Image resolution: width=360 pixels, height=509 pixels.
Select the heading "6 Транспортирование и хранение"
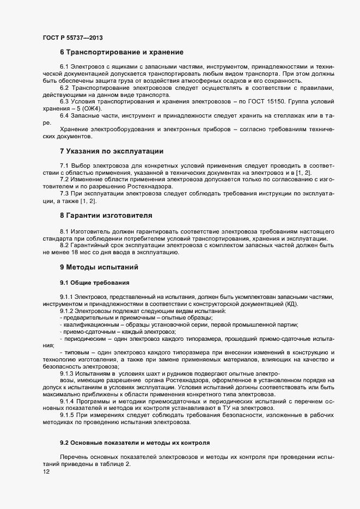121,52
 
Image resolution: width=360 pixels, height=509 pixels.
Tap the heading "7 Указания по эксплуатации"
112,150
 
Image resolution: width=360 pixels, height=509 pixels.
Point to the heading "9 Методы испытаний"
94,267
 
